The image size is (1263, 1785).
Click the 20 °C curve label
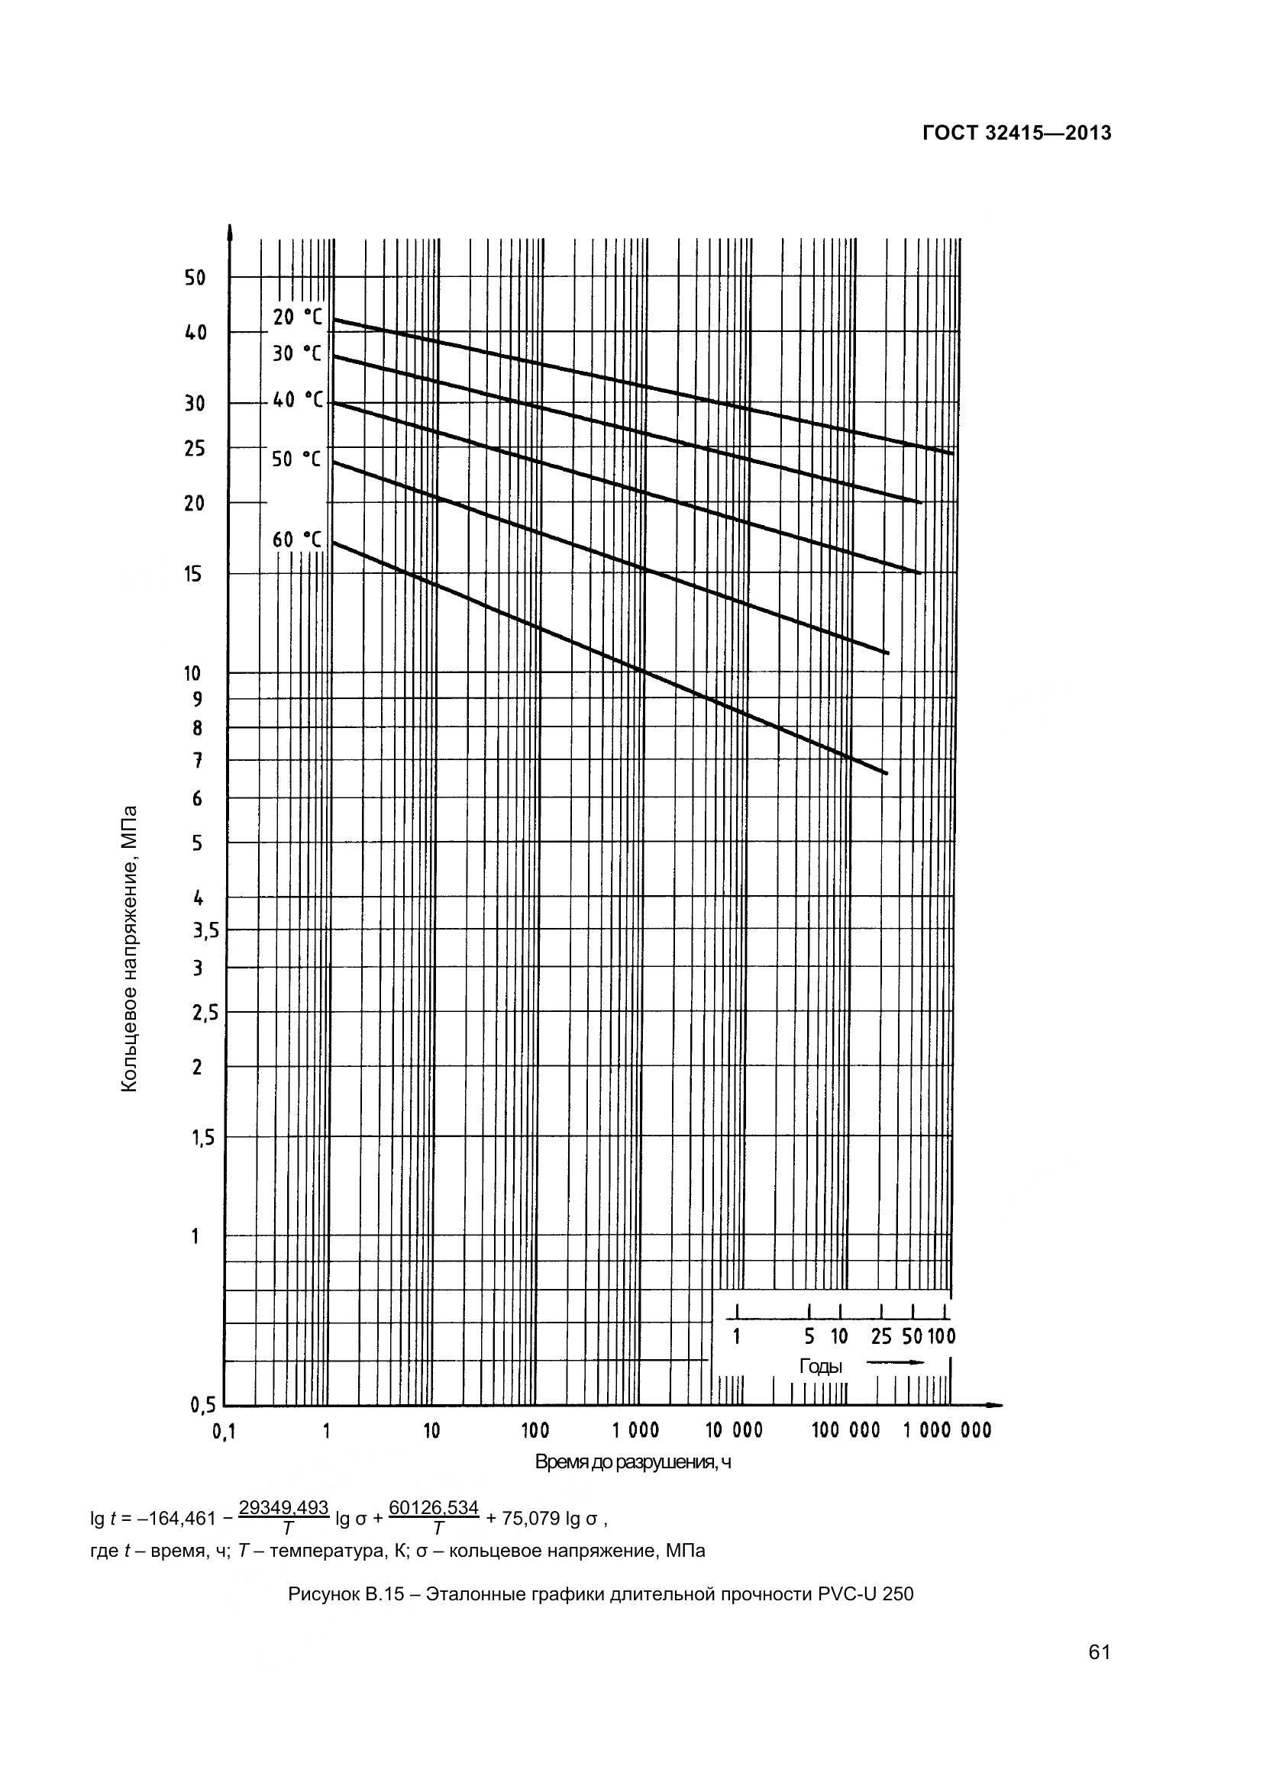[296, 317]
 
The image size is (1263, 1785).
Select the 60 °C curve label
[296, 540]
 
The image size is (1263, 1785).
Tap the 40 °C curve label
[296, 400]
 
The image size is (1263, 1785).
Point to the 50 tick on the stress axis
[195, 278]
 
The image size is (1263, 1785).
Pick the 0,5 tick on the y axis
[203, 1405]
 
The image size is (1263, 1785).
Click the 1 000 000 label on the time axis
[947, 1430]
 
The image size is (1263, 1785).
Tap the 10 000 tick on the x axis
[733, 1430]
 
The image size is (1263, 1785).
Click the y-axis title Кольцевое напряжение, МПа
[130, 949]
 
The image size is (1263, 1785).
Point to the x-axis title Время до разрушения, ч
[633, 1462]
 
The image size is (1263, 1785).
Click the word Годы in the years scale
[820, 1366]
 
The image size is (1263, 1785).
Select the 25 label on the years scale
[881, 1337]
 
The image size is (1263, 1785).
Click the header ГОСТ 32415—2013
[1016, 134]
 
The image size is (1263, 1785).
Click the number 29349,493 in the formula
[283, 1507]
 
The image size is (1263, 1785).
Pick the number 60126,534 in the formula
[433, 1507]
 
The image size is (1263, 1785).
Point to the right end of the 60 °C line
[886, 773]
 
